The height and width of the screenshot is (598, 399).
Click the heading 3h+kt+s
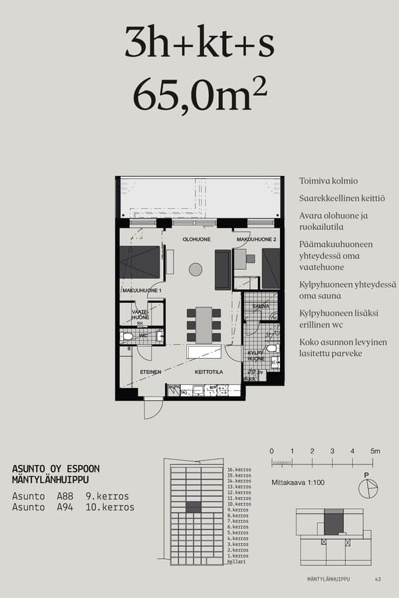click(199, 43)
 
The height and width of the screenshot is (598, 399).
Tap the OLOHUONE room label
click(198, 239)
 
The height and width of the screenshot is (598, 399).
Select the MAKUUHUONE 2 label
click(256, 239)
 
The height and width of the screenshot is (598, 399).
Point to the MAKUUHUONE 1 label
click(141, 291)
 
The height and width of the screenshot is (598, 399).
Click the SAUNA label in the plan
click(261, 306)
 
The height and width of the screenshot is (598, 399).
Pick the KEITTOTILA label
click(208, 372)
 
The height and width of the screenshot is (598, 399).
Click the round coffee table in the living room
click(195, 269)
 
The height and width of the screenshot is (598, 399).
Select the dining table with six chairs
click(203, 325)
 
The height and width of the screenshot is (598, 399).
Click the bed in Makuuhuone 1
click(140, 262)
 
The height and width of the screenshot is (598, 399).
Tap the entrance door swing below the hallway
click(153, 409)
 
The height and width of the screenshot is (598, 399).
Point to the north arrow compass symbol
click(367, 488)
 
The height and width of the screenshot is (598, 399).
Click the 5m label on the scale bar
click(375, 452)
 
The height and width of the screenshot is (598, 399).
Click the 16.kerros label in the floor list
click(239, 470)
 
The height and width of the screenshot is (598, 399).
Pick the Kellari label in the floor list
click(236, 562)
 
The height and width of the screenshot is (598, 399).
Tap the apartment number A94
click(65, 507)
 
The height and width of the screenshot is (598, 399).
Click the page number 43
click(378, 579)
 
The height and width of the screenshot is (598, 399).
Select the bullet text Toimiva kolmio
click(329, 181)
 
